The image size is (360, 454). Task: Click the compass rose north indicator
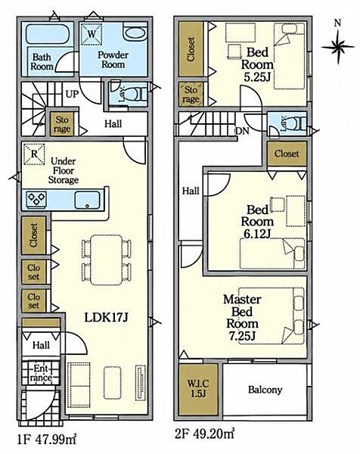point(338,42)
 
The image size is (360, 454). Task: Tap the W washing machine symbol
point(92,34)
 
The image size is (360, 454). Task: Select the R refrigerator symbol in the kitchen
point(34,154)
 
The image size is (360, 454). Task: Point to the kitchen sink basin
point(87,201)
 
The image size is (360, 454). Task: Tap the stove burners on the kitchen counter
point(36,200)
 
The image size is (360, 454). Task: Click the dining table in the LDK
point(107,260)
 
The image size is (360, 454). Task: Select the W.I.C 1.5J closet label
point(198,388)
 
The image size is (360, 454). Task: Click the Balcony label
point(265,390)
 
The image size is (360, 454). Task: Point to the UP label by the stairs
point(72,94)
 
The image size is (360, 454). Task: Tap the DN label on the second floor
point(242,131)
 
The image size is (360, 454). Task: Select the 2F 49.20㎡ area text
point(204,434)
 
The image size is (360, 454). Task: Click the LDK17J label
point(106,318)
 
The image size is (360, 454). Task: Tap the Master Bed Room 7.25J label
point(242,317)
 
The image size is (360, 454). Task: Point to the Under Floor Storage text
point(64,170)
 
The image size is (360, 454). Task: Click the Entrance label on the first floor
point(42,373)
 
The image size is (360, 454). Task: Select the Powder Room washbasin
point(135,34)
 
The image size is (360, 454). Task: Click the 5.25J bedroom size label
point(257,77)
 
